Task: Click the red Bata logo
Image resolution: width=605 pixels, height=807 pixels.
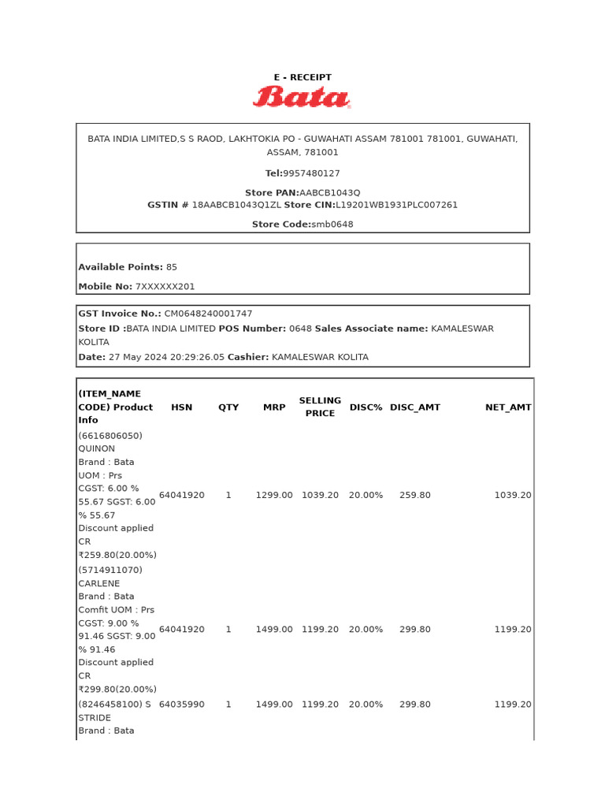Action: click(302, 97)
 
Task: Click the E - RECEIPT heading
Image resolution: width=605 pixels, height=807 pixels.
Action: click(302, 77)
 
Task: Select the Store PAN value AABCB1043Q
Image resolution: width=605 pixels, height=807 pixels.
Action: click(329, 193)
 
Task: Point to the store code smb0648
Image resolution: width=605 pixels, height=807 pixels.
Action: click(332, 225)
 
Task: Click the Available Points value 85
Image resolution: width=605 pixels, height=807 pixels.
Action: click(172, 267)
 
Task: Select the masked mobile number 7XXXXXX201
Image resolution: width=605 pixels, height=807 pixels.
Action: click(165, 287)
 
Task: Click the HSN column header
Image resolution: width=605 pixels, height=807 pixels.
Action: click(181, 407)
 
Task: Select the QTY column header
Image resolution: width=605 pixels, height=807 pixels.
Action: click(228, 407)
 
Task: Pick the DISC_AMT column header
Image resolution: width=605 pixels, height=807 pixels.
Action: click(414, 407)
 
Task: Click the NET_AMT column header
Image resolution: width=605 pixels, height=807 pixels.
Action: click(508, 407)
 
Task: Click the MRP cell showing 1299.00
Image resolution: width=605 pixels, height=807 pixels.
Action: click(273, 495)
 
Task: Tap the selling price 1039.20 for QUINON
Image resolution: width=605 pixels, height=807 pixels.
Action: click(320, 495)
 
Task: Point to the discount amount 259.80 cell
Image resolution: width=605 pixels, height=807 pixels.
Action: click(414, 495)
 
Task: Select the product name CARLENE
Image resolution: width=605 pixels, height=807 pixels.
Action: click(99, 584)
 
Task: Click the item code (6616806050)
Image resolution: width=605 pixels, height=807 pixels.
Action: click(110, 436)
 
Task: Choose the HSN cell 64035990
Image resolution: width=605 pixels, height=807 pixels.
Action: click(181, 705)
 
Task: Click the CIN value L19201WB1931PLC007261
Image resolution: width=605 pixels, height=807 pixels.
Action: click(396, 205)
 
